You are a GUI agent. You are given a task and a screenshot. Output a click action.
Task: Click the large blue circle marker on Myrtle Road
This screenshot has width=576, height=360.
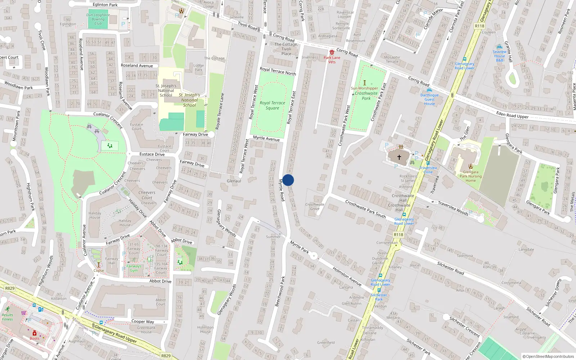(288, 180)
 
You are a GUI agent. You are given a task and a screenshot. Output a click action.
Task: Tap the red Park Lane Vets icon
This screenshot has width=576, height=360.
(332, 52)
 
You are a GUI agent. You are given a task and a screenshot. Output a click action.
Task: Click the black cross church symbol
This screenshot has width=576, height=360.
(399, 157)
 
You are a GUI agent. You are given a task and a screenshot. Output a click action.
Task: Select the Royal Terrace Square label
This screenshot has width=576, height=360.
(273, 105)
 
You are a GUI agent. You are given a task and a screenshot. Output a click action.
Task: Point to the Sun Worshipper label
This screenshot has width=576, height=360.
(364, 88)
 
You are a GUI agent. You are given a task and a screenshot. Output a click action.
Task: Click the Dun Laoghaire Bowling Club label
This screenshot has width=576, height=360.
(98, 19)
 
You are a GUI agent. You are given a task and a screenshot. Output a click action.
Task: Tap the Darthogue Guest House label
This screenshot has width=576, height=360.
(429, 99)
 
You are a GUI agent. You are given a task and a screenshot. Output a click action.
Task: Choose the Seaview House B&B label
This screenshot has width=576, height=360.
(499, 56)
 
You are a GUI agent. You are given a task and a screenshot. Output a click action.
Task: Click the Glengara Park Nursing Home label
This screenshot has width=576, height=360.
(471, 176)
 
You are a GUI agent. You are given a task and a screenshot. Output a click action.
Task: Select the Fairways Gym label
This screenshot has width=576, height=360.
(134, 268)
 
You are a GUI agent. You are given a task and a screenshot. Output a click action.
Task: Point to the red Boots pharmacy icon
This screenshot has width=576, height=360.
(35, 333)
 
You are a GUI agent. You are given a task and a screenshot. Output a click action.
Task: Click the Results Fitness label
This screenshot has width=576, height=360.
(7, 317)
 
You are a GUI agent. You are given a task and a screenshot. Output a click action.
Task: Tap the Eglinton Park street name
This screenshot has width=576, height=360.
(105, 5)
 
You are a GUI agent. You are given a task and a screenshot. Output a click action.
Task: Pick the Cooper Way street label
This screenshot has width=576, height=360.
(143, 321)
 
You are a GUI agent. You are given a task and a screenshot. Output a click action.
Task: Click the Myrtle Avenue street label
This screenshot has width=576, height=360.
(266, 138)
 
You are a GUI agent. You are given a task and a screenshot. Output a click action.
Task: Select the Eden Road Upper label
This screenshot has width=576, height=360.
(512, 115)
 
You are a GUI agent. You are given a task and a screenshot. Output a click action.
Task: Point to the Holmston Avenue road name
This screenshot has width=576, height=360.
(347, 276)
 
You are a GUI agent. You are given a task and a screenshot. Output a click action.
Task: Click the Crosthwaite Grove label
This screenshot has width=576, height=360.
(315, 206)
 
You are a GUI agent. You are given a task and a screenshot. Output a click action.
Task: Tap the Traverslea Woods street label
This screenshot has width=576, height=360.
(453, 208)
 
